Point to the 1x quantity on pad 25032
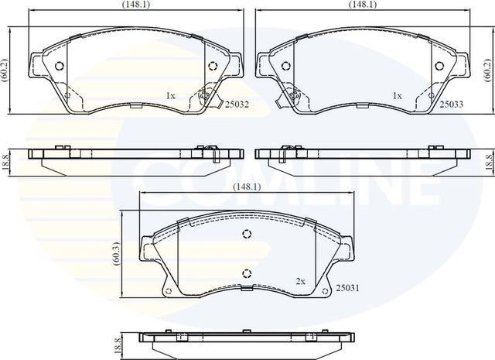(171, 96)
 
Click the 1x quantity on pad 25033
(397, 96)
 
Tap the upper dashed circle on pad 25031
(247, 235)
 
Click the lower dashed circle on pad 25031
(247, 272)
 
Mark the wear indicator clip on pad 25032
(207, 97)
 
